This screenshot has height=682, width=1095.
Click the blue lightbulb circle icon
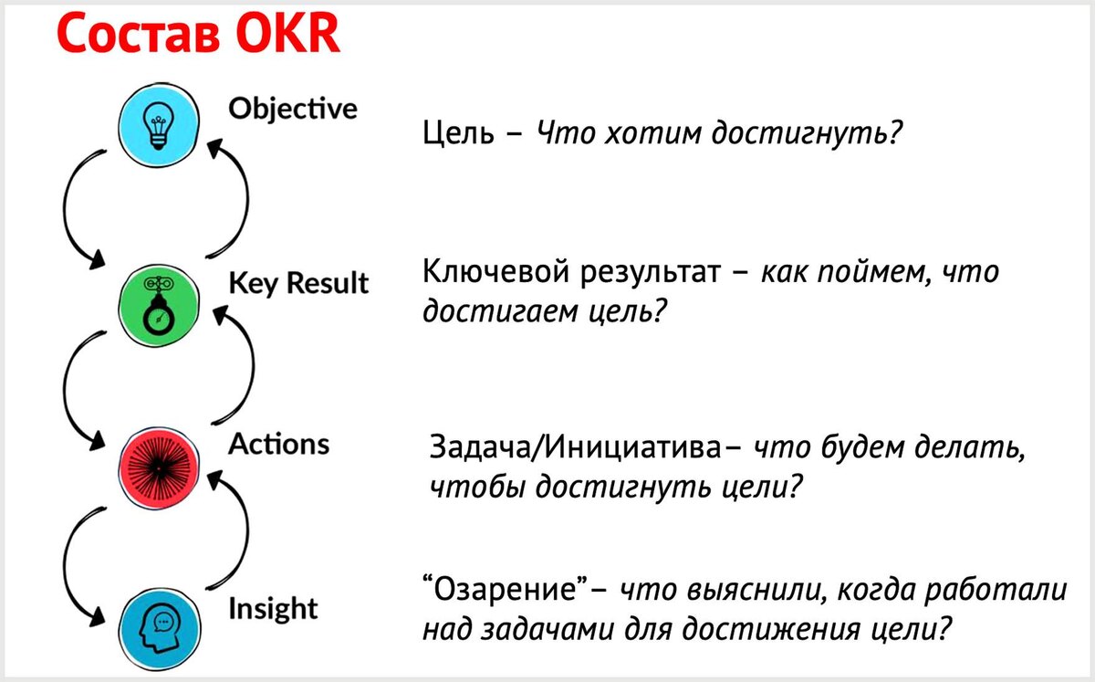coord(160,126)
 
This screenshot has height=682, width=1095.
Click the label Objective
coord(292,110)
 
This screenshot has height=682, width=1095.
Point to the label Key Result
coord(298,284)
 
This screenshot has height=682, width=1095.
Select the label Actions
coord(278,445)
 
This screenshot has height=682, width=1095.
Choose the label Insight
coord(273,608)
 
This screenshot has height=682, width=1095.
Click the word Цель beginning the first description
coord(458,135)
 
